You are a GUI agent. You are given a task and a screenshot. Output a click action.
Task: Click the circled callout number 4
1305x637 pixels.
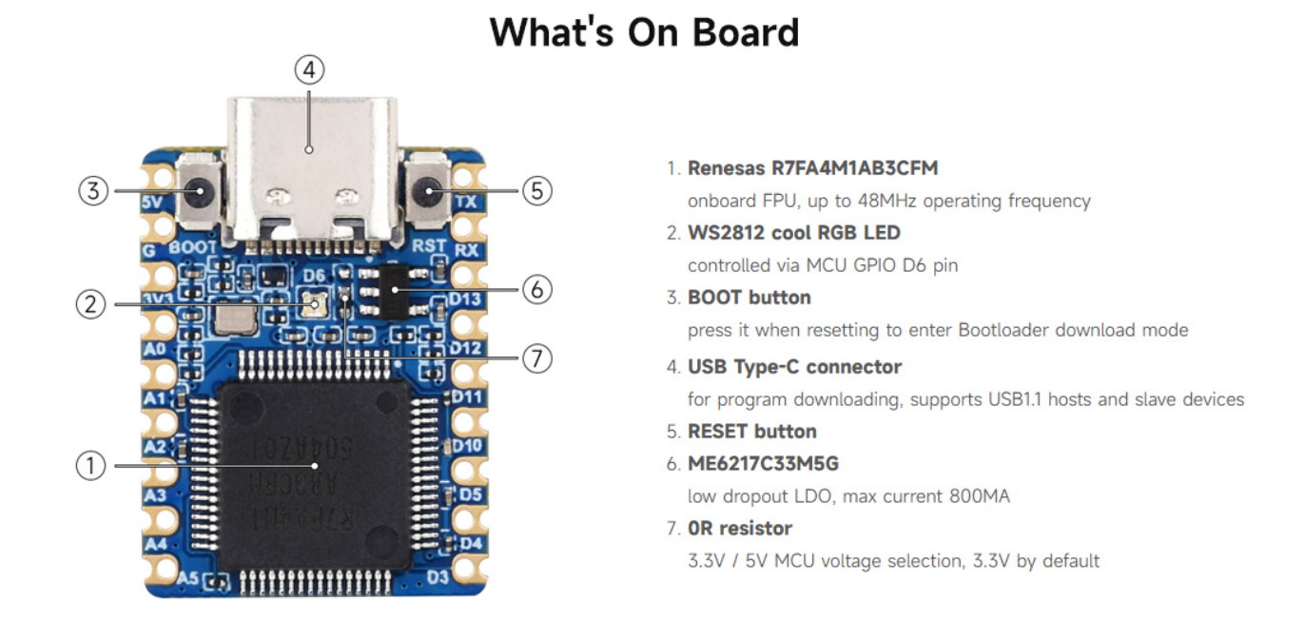(309, 69)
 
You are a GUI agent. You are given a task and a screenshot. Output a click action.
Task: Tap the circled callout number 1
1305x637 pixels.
(90, 466)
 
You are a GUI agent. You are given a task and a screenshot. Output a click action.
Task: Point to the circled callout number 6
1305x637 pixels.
(537, 288)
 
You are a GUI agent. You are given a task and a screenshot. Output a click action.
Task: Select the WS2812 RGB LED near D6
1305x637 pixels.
(316, 304)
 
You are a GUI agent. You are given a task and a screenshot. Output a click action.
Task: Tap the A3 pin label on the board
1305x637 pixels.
(154, 495)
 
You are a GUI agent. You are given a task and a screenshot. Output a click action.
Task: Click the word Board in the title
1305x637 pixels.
(746, 32)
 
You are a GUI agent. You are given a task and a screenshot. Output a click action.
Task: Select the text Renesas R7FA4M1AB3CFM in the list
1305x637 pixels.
(813, 168)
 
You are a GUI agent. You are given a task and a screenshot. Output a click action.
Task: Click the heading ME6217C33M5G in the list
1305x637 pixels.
(764, 464)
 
